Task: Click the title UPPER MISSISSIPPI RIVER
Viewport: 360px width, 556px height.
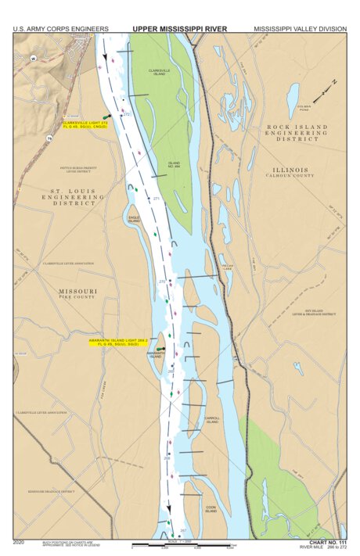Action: [179, 29]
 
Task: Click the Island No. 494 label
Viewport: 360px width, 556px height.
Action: [174, 165]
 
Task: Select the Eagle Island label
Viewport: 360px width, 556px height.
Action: [135, 221]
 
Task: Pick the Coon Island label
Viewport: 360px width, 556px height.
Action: [211, 508]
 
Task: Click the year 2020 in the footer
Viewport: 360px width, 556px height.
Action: [21, 542]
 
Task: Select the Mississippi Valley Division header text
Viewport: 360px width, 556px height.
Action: [300, 29]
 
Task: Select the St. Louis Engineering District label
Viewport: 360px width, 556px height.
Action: [72, 196]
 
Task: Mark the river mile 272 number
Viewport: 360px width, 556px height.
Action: [126, 115]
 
